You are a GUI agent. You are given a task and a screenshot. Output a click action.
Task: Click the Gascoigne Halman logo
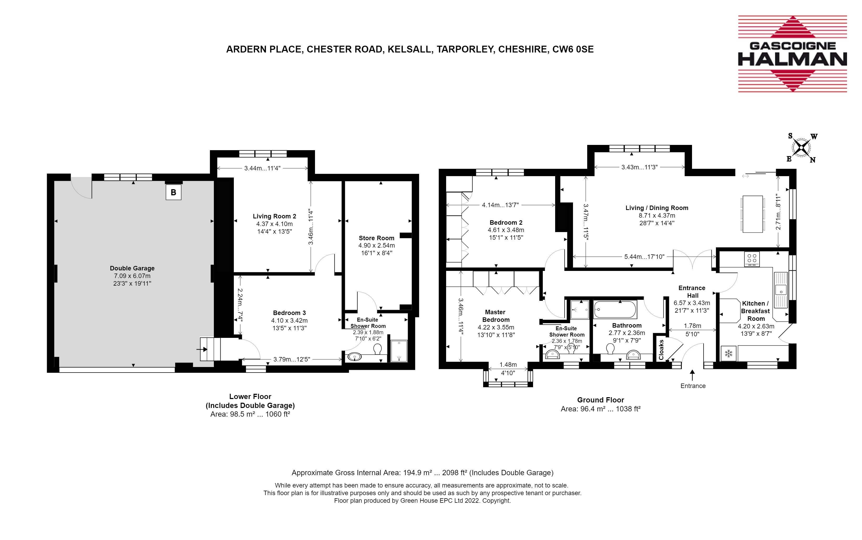[792, 54]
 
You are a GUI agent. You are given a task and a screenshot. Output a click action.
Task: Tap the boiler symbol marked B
[173, 192]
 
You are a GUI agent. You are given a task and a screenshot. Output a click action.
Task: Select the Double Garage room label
[132, 268]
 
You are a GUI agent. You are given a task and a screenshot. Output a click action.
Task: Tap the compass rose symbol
[802, 148]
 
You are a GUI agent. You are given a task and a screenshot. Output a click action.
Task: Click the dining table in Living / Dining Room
[753, 214]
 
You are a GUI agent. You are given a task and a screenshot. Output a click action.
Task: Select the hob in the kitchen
[752, 259]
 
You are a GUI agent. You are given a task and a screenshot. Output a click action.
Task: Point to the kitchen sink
[781, 290]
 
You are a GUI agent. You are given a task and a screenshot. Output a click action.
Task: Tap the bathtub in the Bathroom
[615, 309]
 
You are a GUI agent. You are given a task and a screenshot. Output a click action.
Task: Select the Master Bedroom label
[496, 316]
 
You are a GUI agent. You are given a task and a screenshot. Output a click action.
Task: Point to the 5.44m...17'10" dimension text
[644, 256]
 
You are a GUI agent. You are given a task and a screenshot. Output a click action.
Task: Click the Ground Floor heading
[600, 400]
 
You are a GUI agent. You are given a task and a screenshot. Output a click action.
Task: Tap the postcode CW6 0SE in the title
[573, 49]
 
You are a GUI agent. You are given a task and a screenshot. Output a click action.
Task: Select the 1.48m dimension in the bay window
[508, 365]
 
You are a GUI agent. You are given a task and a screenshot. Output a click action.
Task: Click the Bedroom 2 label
[506, 223]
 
